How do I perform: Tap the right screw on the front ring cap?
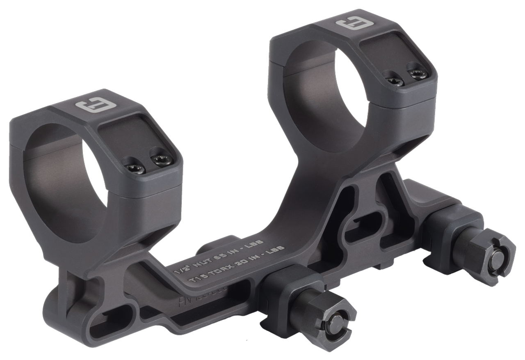tap(158, 158)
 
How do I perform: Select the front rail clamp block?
tap(283, 287)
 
